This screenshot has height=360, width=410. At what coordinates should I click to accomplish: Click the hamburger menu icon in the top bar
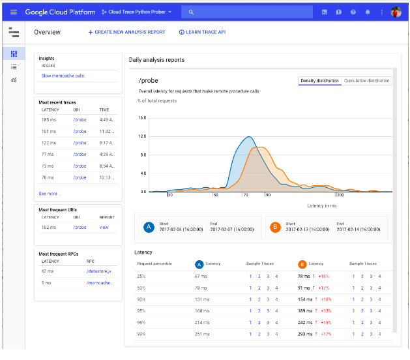[13, 12]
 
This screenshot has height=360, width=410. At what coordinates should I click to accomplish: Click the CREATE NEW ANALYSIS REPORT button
[127, 32]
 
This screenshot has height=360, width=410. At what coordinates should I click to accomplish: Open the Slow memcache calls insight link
[63, 76]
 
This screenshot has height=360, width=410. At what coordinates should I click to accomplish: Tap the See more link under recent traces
[48, 194]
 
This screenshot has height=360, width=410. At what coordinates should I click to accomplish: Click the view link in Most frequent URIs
[104, 228]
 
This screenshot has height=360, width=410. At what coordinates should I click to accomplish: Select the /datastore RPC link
[101, 271]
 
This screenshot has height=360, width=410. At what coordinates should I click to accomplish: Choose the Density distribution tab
[319, 81]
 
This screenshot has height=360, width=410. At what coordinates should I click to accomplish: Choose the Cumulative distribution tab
[367, 81]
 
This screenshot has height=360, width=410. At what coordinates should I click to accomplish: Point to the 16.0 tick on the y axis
[142, 119]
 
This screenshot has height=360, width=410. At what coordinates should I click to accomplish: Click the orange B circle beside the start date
[275, 227]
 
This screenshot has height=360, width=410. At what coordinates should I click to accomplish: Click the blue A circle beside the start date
[149, 227]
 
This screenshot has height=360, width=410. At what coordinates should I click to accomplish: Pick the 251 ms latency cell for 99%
[202, 334]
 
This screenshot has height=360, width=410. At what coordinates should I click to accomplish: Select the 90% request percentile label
[141, 299]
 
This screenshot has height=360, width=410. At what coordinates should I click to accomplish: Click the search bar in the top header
[248, 12]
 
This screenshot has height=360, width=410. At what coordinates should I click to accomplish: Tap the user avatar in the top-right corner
[396, 12]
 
